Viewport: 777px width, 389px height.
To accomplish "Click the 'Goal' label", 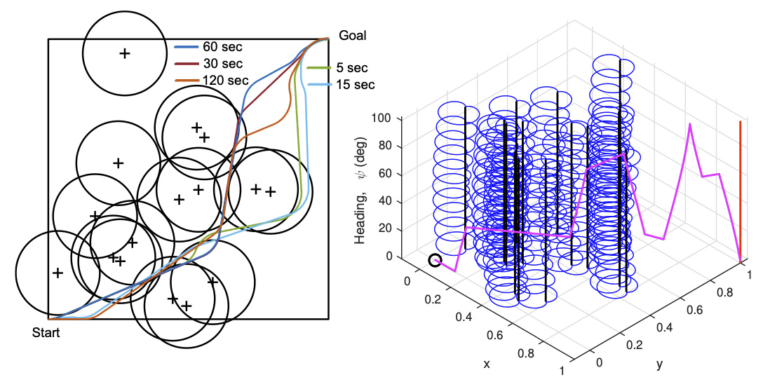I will tap(352, 35).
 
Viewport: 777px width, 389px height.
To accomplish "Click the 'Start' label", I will tap(46, 333).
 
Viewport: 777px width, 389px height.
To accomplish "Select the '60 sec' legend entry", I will tap(222, 48).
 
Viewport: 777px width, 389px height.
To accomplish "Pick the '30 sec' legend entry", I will tap(222, 63).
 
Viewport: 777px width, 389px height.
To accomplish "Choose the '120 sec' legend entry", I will tap(225, 79).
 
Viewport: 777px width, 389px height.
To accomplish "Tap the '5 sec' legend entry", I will tap(352, 68).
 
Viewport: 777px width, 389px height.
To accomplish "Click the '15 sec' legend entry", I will tap(355, 84).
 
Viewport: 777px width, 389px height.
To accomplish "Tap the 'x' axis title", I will tap(486, 364).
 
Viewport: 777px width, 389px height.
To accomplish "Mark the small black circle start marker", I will tap(435, 261).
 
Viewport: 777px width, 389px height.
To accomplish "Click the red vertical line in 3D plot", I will tap(740, 189).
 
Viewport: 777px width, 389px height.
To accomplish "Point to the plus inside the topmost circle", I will tap(124, 53).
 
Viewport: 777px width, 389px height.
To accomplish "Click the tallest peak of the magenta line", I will tap(690, 125).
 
